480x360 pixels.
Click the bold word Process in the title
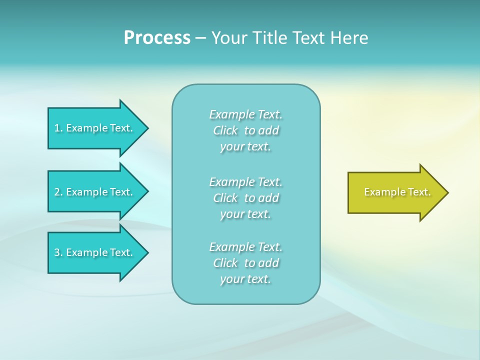pyautogui.click(x=157, y=38)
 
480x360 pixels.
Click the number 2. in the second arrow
pyautogui.click(x=58, y=192)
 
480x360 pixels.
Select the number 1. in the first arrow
pyautogui.click(x=58, y=128)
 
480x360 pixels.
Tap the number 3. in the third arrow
pyautogui.click(x=58, y=253)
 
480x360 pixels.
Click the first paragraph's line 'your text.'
pyautogui.click(x=245, y=147)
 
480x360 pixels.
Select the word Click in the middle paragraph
pyautogui.click(x=225, y=198)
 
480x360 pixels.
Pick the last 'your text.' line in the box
pyautogui.click(x=245, y=279)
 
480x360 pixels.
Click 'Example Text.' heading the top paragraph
pyautogui.click(x=246, y=115)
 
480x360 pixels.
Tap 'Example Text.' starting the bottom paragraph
pyautogui.click(x=246, y=247)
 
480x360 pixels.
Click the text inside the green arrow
pyautogui.click(x=397, y=192)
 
